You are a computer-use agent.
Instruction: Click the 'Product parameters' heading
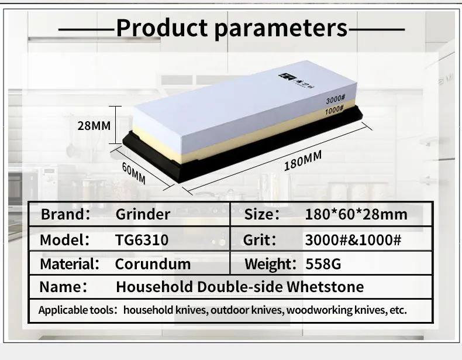(231, 28)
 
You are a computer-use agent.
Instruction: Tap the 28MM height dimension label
(94, 125)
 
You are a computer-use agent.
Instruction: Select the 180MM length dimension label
(303, 160)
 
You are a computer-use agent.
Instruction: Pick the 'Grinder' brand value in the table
(143, 214)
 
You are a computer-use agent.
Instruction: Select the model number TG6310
(142, 239)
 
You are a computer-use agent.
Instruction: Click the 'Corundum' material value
(153, 264)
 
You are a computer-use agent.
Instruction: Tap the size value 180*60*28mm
(356, 214)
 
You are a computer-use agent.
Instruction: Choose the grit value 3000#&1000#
(353, 239)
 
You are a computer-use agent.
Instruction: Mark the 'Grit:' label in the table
(260, 239)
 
